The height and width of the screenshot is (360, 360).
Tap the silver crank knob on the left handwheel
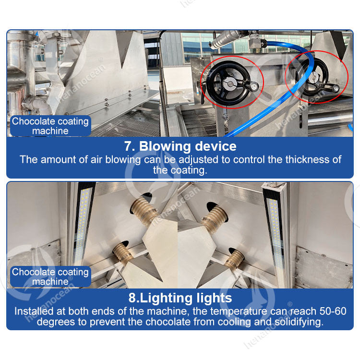pyautogui.click(x=254, y=87)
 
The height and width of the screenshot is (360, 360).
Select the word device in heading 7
pyautogui.click(x=216, y=146)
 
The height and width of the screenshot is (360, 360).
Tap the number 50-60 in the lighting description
pyautogui.click(x=333, y=311)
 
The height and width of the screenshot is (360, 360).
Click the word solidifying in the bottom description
pyautogui.click(x=299, y=322)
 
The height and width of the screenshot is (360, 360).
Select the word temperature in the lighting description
pyautogui.click(x=239, y=312)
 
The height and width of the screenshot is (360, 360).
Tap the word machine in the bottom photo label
pyautogui.click(x=50, y=281)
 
